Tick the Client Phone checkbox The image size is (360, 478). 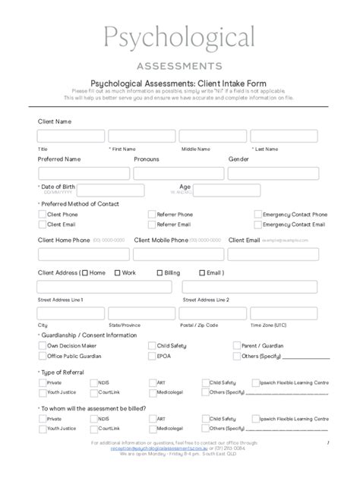click(42, 215)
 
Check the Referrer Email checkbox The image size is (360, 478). click(152, 225)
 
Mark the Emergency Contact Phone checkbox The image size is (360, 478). click(258, 215)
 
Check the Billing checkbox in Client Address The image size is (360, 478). click(159, 272)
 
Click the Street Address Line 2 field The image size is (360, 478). click(251, 288)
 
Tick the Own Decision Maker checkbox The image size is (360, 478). click(42, 345)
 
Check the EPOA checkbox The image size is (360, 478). click(152, 355)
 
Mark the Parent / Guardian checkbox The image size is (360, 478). click(236, 345)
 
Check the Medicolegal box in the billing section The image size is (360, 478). click(152, 429)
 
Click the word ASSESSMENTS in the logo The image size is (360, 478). click(179, 64)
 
